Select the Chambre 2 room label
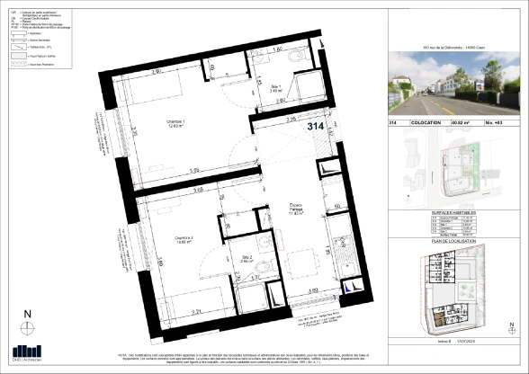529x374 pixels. pos(185,239)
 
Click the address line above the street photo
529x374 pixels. pos(446,45)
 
